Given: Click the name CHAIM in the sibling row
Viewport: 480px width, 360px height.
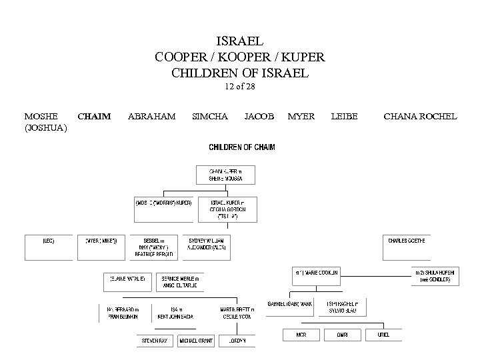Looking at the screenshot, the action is click(x=94, y=117).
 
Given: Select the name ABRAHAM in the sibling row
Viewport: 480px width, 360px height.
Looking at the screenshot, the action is click(x=151, y=117).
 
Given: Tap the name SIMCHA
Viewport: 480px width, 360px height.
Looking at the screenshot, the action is click(x=209, y=117).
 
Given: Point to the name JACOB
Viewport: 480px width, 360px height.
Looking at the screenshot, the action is click(x=259, y=117).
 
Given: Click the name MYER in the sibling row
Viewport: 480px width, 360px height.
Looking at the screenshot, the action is click(x=301, y=117).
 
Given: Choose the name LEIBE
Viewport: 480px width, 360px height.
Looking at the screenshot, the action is click(x=344, y=117).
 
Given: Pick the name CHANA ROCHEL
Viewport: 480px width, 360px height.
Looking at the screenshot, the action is click(x=420, y=117).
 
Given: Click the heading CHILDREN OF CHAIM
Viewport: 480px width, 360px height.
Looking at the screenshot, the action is click(x=242, y=147).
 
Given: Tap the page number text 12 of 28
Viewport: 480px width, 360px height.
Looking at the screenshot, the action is click(x=239, y=86).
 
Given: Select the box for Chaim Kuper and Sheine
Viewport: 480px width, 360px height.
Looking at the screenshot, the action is click(x=225, y=175).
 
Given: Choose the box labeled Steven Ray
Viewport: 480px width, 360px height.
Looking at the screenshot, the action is click(x=155, y=340).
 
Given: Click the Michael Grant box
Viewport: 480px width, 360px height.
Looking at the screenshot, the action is click(x=196, y=340).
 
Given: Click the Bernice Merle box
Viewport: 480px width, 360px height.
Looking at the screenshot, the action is click(x=179, y=281).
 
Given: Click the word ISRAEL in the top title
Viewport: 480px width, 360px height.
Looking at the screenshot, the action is click(x=241, y=41).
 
